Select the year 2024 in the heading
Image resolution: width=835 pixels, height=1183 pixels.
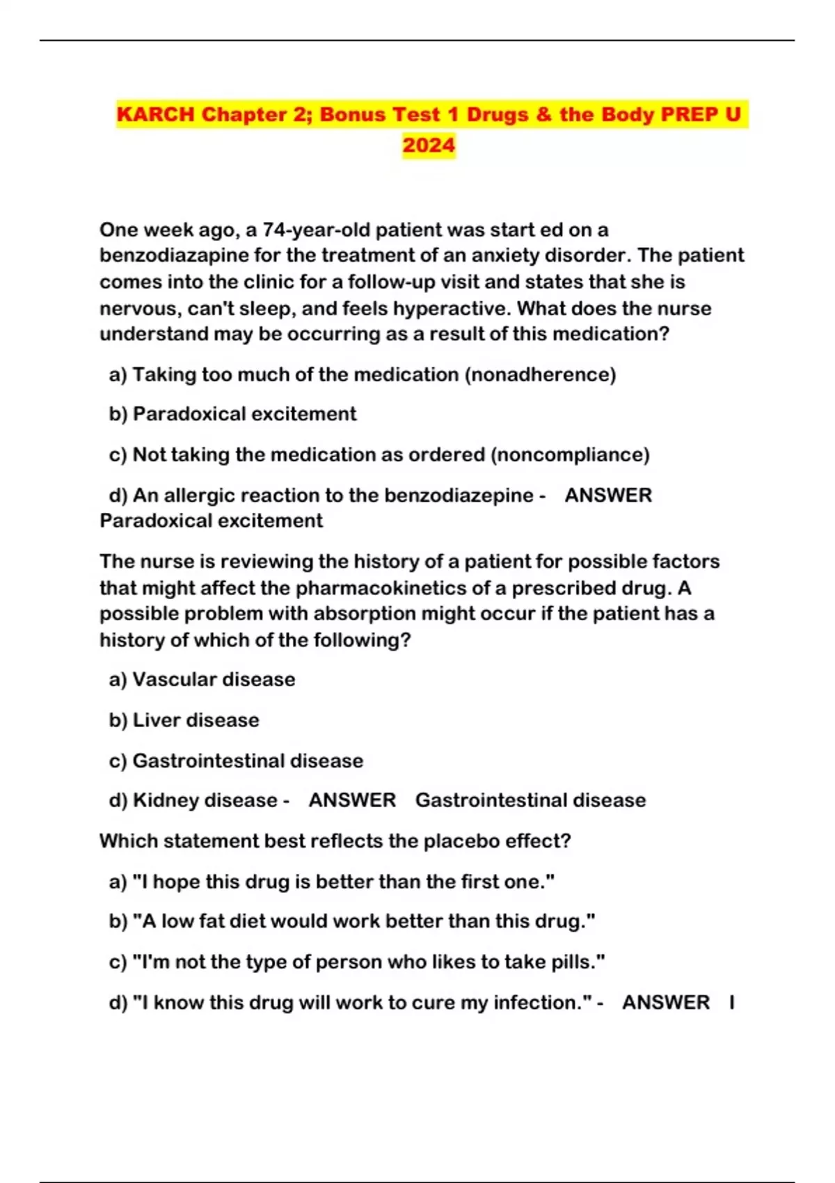tap(429, 145)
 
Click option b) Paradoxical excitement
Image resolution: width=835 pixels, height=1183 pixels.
tap(233, 414)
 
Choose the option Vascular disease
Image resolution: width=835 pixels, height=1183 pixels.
tap(214, 679)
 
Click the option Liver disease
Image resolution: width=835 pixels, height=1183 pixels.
tap(196, 720)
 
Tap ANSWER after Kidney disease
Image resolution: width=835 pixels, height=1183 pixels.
tap(352, 800)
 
